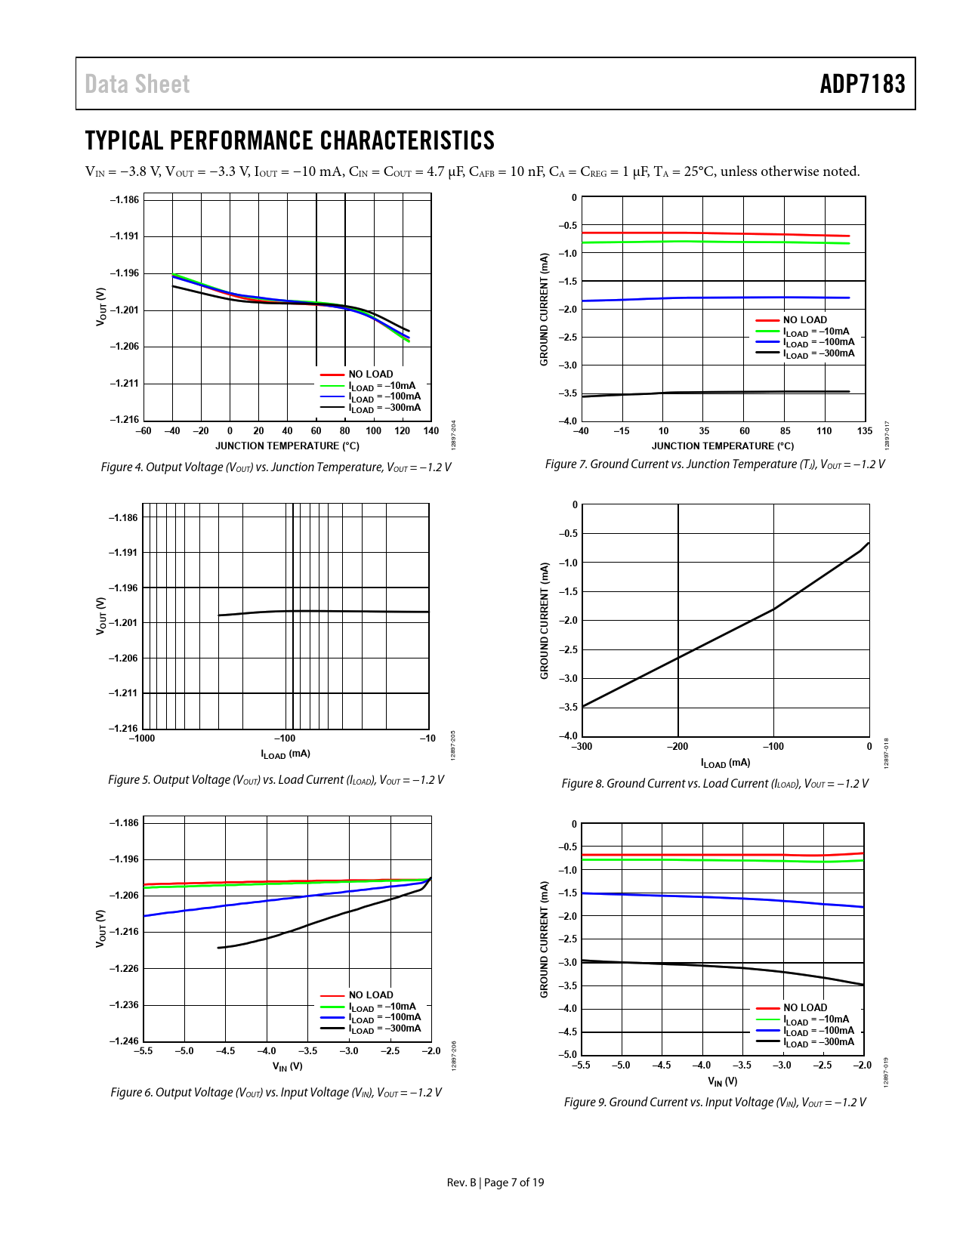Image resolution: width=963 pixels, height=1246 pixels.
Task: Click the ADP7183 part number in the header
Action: click(862, 84)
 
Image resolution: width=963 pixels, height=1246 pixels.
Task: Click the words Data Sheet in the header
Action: click(137, 84)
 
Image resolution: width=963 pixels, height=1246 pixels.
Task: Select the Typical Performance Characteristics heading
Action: click(290, 140)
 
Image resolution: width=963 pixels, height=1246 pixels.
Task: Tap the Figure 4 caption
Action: click(276, 467)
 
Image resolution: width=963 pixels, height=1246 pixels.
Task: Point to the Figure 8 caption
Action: click(715, 784)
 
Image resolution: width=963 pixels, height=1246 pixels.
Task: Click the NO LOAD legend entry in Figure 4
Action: click(370, 375)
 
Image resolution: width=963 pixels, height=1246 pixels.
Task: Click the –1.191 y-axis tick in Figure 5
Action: click(124, 553)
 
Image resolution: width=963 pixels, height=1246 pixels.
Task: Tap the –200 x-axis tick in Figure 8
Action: click(677, 747)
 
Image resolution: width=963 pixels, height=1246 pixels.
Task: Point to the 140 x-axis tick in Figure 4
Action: click(431, 431)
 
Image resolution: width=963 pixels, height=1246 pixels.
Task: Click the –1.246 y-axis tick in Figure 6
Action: click(125, 1041)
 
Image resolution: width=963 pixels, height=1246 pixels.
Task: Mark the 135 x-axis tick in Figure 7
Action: click(865, 431)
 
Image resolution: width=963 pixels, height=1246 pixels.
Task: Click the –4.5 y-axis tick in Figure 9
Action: click(567, 1032)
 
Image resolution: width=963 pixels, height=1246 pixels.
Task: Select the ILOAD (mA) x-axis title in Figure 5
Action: click(286, 754)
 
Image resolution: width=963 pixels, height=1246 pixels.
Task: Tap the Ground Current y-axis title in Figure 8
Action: click(544, 621)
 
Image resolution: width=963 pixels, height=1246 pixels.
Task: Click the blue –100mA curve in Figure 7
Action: click(718, 298)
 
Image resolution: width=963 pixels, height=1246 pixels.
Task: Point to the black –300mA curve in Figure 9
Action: click(718, 966)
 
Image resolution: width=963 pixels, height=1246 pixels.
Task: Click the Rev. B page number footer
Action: click(495, 1183)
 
